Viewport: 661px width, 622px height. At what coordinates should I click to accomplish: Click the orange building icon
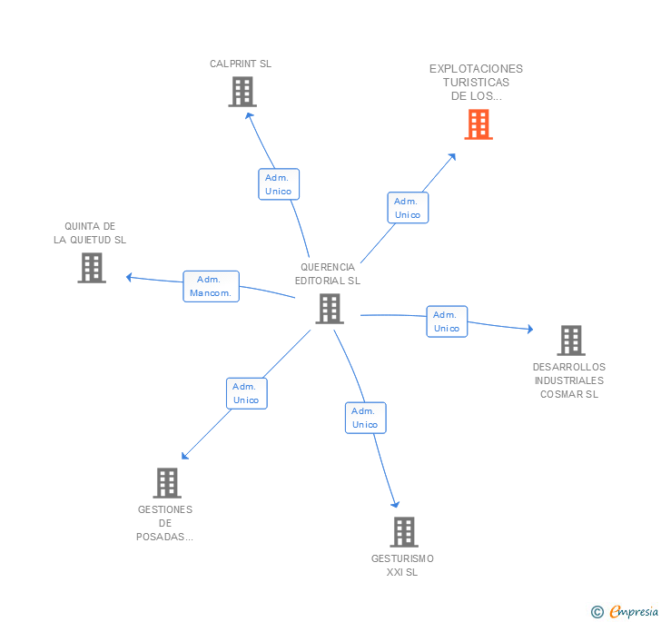pos(478,124)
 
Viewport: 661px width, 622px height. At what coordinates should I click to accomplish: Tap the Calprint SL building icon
pos(242,92)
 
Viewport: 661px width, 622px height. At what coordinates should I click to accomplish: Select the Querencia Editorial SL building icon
pos(329,309)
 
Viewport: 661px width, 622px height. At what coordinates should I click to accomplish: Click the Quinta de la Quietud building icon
pos(92,268)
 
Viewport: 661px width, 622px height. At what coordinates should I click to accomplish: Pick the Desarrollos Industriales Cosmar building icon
pos(570,341)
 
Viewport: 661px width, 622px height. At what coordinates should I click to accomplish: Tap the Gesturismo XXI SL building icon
pos(403,532)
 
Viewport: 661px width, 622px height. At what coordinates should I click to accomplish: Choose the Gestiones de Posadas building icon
pos(167,483)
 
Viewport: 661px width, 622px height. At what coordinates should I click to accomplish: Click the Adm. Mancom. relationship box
pos(211,286)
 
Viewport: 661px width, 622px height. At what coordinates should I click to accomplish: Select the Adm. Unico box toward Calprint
pos(278,184)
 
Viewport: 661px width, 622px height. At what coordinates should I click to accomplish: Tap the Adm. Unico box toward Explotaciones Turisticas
pos(408,208)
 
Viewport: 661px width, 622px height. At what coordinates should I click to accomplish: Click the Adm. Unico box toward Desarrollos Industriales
pos(447,321)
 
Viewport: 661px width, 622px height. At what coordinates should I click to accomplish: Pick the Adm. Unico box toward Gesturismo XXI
pos(365,418)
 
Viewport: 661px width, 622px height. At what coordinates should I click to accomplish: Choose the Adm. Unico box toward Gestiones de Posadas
pos(246,393)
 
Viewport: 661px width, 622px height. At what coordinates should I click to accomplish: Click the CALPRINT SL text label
pos(241,64)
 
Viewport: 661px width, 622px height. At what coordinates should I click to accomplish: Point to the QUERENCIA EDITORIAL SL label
pos(328,274)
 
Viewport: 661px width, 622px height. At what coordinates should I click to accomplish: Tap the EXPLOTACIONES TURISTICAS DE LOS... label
pos(476,82)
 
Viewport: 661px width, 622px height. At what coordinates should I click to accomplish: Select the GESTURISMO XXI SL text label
pos(402,566)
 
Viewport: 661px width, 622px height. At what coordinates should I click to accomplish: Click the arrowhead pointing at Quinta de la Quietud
pos(130,276)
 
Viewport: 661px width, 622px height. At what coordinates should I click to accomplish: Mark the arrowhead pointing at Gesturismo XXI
pos(395,503)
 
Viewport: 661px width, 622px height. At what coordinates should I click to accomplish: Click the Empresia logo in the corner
pos(625,612)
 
